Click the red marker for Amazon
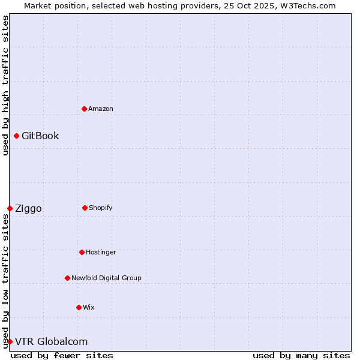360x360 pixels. [x=84, y=109]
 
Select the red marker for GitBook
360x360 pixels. [x=16, y=136]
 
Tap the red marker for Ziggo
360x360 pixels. [x=10, y=208]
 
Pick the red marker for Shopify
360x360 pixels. [x=85, y=208]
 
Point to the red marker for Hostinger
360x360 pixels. [x=82, y=252]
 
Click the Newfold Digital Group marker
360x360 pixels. [x=67, y=278]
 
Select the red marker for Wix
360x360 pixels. [x=79, y=307]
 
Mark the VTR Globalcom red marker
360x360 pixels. [x=10, y=341]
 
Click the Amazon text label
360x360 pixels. [x=101, y=109]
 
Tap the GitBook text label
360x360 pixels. [x=40, y=136]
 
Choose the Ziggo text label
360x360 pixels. [x=28, y=208]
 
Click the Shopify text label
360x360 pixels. [x=101, y=208]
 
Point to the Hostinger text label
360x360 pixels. [x=101, y=252]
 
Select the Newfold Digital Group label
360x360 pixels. [x=106, y=278]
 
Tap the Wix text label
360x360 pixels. [x=89, y=307]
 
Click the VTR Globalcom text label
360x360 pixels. [x=51, y=341]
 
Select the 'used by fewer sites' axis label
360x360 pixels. [x=62, y=355]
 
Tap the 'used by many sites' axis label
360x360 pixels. [x=301, y=355]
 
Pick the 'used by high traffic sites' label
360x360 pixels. [x=5, y=85]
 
